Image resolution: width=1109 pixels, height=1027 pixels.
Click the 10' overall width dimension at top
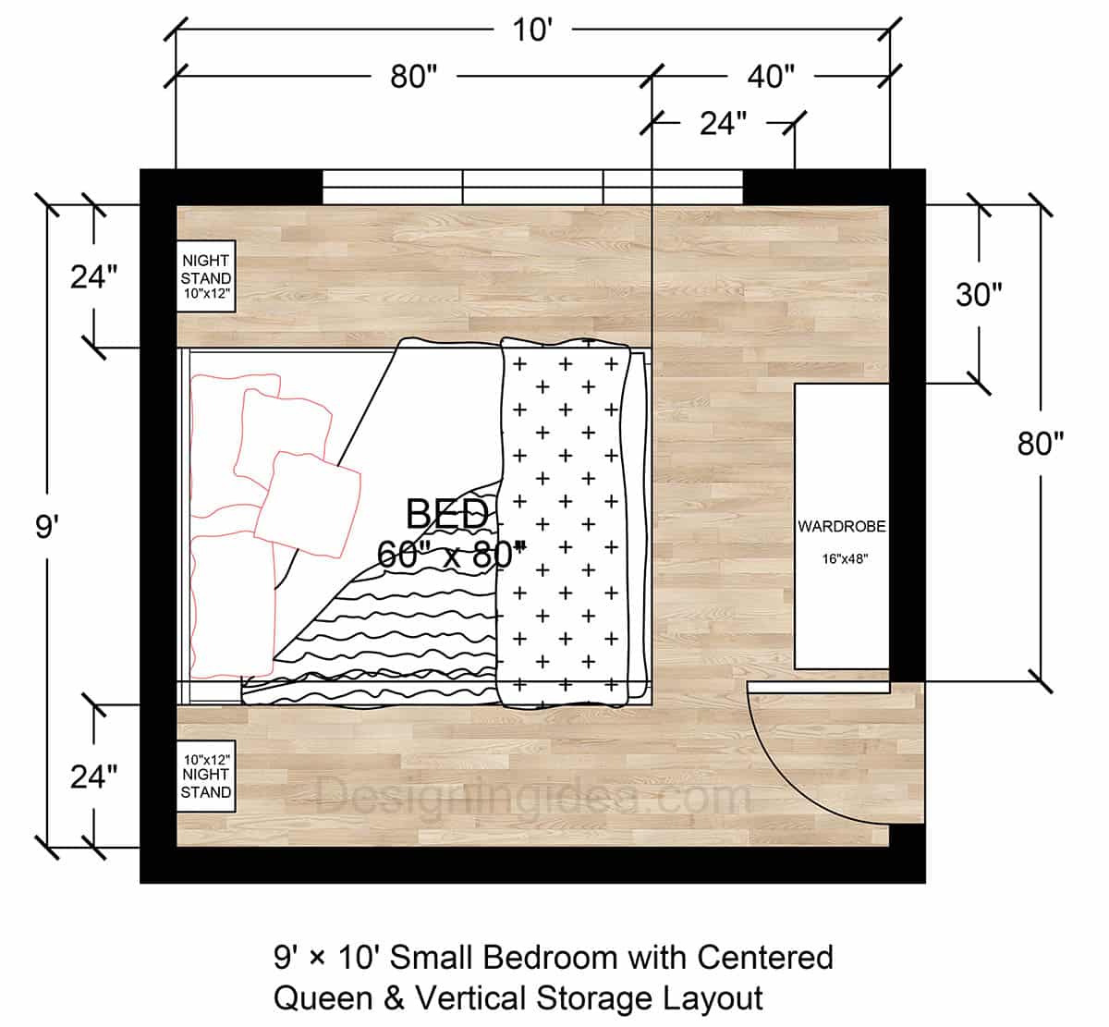(x=532, y=30)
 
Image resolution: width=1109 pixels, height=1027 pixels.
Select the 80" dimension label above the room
(x=412, y=76)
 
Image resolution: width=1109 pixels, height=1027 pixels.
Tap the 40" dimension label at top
(x=770, y=76)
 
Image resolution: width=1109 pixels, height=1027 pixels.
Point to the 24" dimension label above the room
(x=723, y=122)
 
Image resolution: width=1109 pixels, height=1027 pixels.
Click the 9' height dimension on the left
(x=47, y=527)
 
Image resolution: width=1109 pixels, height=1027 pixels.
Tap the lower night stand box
(x=205, y=776)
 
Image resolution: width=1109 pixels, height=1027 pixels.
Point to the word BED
(x=447, y=514)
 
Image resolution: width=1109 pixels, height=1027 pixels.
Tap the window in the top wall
(x=532, y=187)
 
